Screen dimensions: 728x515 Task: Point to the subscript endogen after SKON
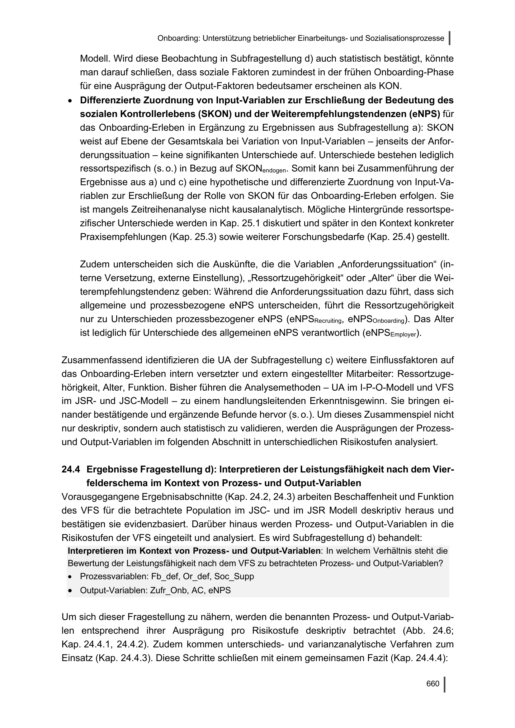(274, 171)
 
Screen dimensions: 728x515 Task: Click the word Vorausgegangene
(101, 496)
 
